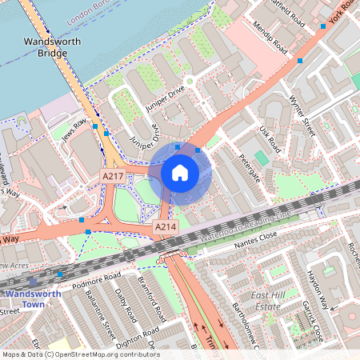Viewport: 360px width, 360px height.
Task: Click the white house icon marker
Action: point(180,172)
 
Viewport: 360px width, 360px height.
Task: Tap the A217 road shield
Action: point(112,175)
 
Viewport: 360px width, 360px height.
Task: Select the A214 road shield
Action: point(165,228)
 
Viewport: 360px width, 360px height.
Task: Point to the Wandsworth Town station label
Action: point(34,299)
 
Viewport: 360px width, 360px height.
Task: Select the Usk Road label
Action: point(270,140)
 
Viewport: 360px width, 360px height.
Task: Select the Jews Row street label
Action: point(73,128)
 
